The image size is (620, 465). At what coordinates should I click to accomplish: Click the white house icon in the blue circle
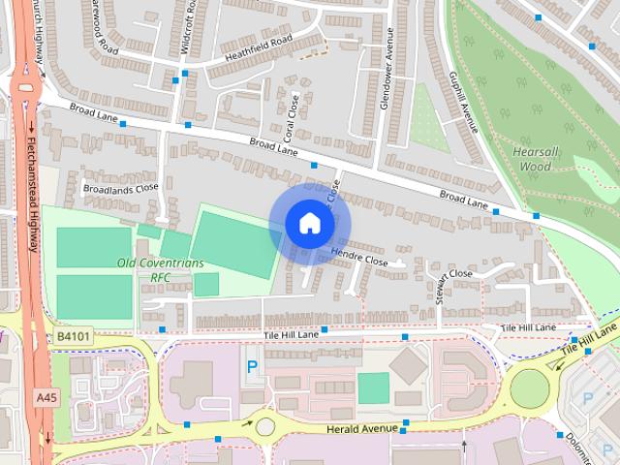coord(309,223)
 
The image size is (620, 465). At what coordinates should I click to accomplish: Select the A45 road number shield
coord(46,398)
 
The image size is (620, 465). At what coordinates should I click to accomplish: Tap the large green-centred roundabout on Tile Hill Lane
coord(530,388)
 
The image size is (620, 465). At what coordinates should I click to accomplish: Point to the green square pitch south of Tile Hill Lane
coord(373,387)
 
